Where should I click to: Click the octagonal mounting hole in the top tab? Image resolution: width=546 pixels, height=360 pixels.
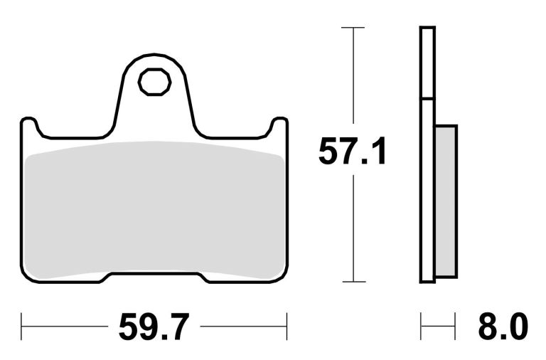coord(154,83)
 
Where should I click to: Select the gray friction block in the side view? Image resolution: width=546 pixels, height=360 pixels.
coord(446,201)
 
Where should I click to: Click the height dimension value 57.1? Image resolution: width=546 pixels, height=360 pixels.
coord(353,153)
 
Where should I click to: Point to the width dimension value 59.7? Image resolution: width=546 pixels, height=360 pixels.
coord(154,328)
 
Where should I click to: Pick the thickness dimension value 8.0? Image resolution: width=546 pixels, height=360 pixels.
coord(501,328)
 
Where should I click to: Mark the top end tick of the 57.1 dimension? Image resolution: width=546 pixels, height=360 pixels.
coord(353,28)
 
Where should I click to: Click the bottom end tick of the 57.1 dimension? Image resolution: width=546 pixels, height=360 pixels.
coord(353,282)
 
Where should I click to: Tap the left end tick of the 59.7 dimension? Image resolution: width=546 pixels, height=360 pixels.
coord(21,328)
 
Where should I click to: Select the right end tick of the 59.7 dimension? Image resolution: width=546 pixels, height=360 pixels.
coord(287,328)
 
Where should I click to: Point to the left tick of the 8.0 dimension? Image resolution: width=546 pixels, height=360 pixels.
coord(422,328)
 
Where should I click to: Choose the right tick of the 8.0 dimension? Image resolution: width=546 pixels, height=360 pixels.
coord(455,328)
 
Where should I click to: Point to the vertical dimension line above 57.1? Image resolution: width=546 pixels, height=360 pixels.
coord(353,78)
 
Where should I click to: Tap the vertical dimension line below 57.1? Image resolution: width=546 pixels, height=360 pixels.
coord(353,228)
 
